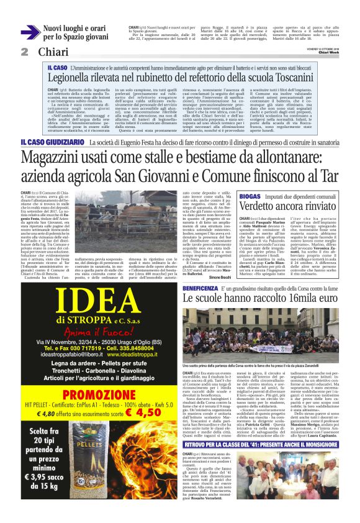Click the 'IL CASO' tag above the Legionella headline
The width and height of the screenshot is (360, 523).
pyautogui.click(x=58, y=66)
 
